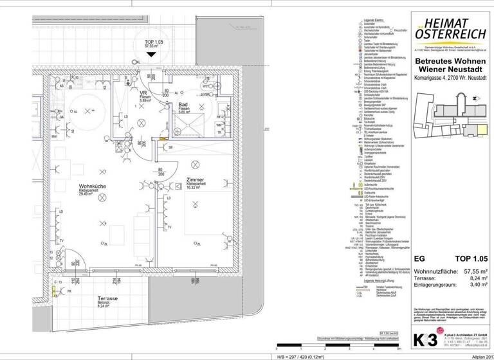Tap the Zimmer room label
(x=196, y=180)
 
